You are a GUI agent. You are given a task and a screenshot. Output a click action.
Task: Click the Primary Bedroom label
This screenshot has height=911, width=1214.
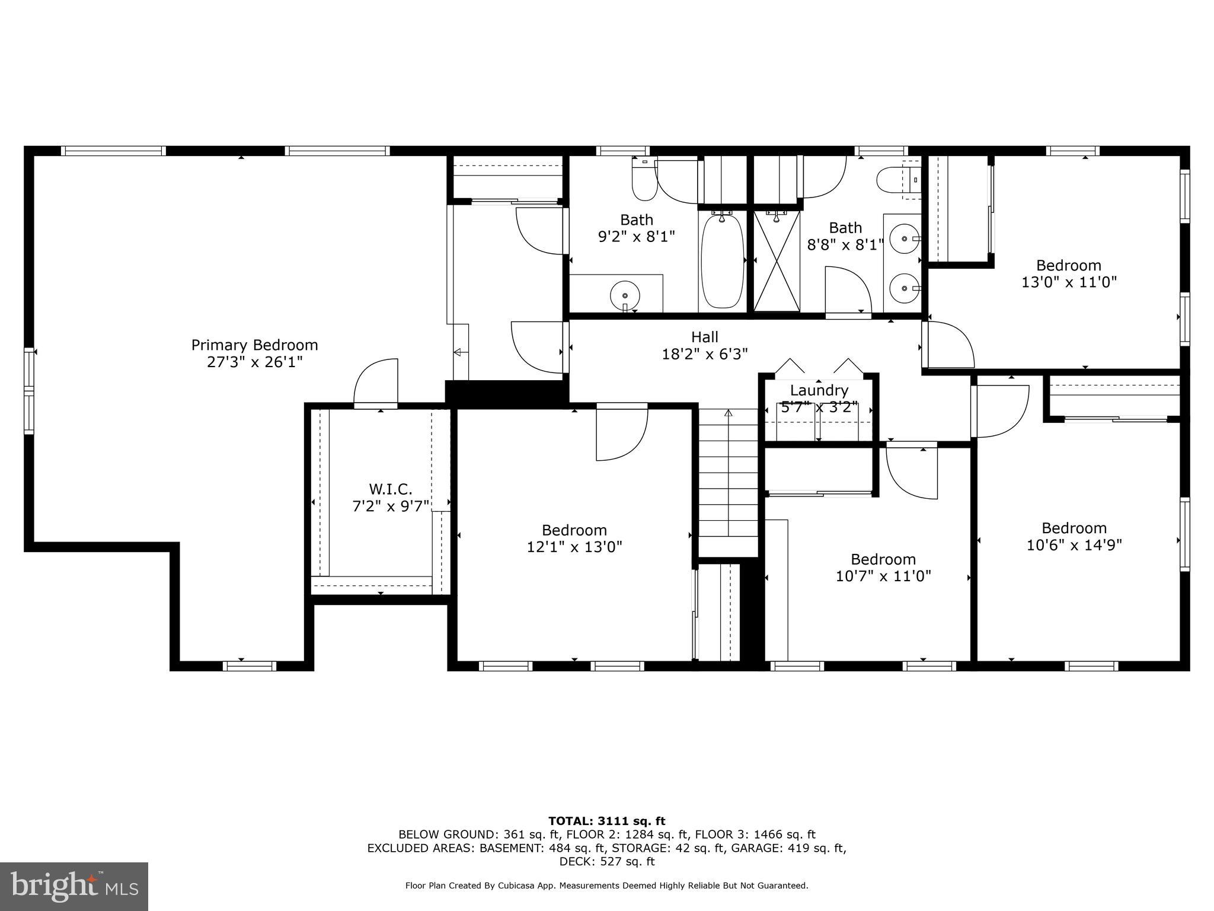[254, 345]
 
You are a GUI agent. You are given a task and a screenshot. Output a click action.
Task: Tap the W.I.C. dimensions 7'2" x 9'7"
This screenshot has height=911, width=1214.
[391, 507]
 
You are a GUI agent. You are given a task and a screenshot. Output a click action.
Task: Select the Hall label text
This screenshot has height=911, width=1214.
[705, 337]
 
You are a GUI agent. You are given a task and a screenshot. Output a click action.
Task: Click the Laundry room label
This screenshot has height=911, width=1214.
[819, 391]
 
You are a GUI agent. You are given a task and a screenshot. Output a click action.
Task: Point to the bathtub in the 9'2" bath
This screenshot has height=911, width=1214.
[722, 261]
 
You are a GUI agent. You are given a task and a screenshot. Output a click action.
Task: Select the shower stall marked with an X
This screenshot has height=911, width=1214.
[777, 261]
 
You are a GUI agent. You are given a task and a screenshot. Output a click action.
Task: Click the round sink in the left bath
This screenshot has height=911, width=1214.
[625, 294]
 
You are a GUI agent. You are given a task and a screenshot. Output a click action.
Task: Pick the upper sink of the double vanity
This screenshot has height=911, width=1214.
[904, 238]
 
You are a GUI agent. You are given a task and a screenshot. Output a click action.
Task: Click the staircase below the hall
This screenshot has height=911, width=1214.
[729, 480]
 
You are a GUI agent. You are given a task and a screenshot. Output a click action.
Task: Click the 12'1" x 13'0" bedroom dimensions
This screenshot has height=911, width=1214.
[574, 547]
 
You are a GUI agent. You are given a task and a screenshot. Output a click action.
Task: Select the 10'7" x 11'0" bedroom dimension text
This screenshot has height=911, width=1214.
[883, 576]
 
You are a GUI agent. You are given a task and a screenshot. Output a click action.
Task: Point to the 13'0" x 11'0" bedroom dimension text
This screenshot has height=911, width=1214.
[1069, 282]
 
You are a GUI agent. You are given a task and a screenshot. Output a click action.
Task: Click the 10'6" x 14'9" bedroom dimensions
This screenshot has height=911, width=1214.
[1074, 544]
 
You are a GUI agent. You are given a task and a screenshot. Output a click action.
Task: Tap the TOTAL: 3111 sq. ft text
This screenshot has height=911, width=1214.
[606, 821]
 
